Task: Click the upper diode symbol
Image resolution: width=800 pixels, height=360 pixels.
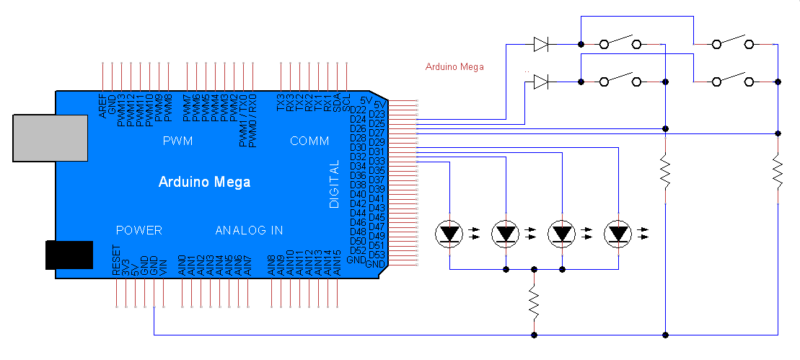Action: click(x=541, y=44)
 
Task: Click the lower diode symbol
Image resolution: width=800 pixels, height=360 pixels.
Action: click(x=541, y=82)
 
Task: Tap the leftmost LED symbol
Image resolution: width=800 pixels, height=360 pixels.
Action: click(x=450, y=234)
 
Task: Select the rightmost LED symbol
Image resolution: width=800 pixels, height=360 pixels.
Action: click(x=618, y=234)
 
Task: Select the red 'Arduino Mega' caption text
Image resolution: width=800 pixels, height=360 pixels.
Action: click(x=454, y=67)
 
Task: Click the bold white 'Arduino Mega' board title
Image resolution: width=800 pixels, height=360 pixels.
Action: click(x=204, y=182)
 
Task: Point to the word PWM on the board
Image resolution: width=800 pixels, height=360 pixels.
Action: click(x=178, y=141)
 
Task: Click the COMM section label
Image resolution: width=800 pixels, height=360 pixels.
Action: click(x=309, y=141)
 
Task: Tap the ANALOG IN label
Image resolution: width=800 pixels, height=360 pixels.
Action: click(x=249, y=231)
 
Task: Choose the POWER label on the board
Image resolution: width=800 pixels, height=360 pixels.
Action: click(x=139, y=231)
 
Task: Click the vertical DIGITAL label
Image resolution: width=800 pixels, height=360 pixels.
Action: click(x=334, y=185)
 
